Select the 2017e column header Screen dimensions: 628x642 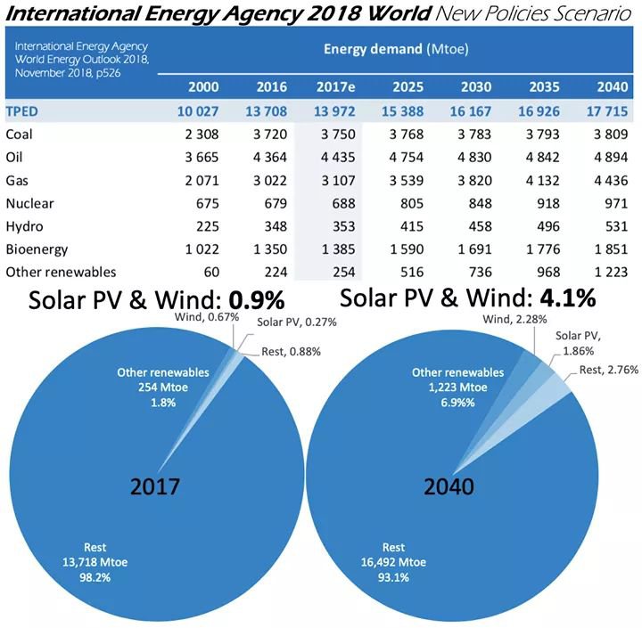click(336, 86)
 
